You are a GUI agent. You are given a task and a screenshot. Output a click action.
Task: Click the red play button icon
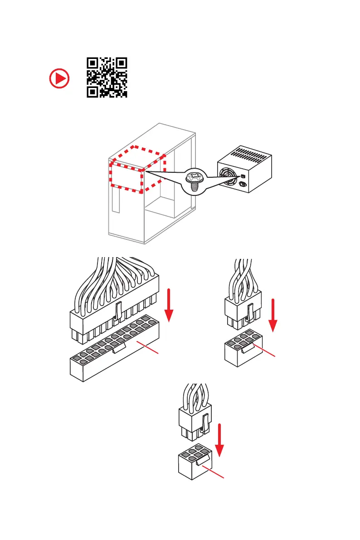click(59, 79)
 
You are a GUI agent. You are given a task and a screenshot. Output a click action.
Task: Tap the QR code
click(107, 78)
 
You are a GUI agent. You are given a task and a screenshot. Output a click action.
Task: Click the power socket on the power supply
click(242, 185)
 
